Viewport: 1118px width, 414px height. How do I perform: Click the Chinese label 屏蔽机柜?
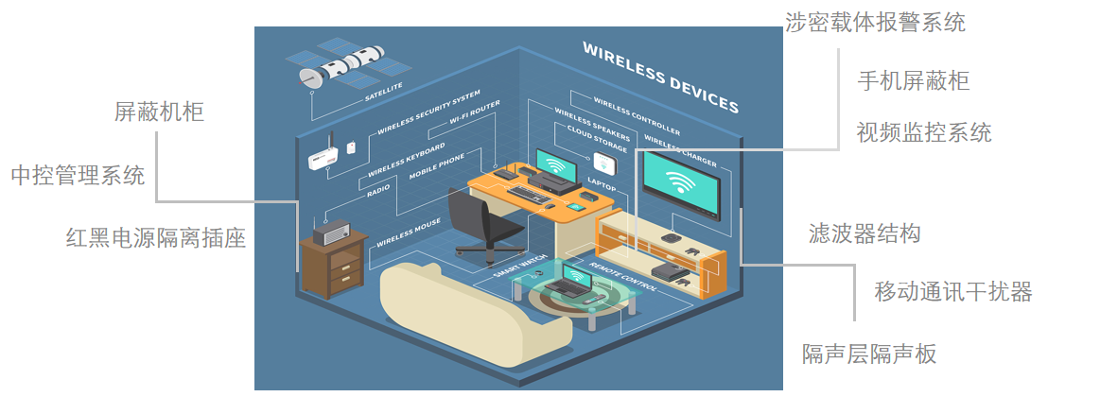click(159, 112)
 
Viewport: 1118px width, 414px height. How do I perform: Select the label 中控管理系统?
click(78, 176)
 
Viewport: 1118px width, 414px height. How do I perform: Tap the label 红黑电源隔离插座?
click(156, 238)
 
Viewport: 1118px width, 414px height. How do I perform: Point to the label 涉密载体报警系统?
click(875, 23)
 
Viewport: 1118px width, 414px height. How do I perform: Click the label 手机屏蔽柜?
click(913, 80)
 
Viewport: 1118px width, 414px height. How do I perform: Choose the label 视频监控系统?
click(923, 132)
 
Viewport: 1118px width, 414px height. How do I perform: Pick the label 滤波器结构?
click(865, 233)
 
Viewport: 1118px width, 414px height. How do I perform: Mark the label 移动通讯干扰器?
click(952, 292)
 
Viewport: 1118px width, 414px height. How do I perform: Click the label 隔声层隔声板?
click(869, 354)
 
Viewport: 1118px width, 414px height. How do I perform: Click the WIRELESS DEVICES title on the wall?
click(660, 77)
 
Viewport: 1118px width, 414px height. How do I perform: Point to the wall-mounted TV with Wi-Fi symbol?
click(680, 183)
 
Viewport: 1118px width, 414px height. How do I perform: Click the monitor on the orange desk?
click(558, 165)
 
